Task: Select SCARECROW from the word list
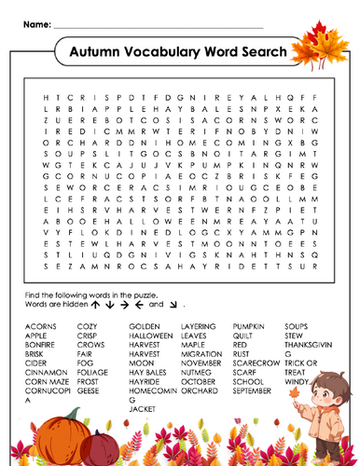[256, 362]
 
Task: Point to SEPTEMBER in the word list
[253, 388]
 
